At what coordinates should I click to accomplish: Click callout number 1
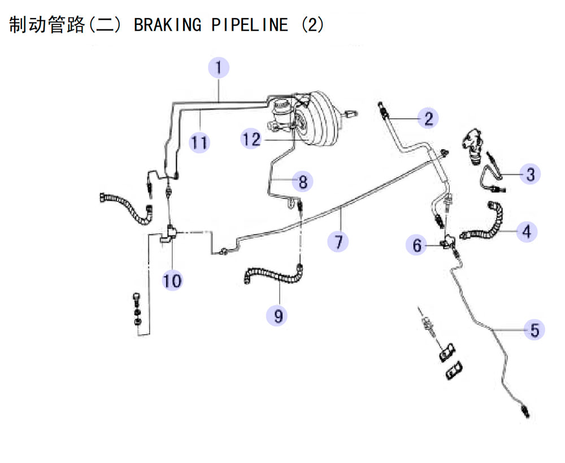click(x=219, y=67)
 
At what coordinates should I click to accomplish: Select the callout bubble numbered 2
click(x=428, y=118)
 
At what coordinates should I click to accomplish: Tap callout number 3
click(x=530, y=174)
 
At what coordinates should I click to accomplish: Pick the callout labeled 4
click(x=527, y=232)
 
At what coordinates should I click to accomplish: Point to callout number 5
click(x=534, y=330)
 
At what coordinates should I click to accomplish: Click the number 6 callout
click(x=416, y=245)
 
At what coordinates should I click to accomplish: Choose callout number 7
click(x=338, y=241)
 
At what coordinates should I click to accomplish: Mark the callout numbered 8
click(x=303, y=181)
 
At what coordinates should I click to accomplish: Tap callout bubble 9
click(x=277, y=315)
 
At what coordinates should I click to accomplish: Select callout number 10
click(x=172, y=280)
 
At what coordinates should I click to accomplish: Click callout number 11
click(x=199, y=142)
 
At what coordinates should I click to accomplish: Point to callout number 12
click(x=251, y=139)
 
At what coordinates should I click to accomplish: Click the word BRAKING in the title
click(x=168, y=25)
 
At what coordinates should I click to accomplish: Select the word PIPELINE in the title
click(x=249, y=25)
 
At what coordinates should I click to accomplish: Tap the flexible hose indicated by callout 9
click(x=275, y=275)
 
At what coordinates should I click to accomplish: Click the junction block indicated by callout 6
click(x=449, y=241)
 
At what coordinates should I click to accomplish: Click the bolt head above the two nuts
click(x=137, y=298)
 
